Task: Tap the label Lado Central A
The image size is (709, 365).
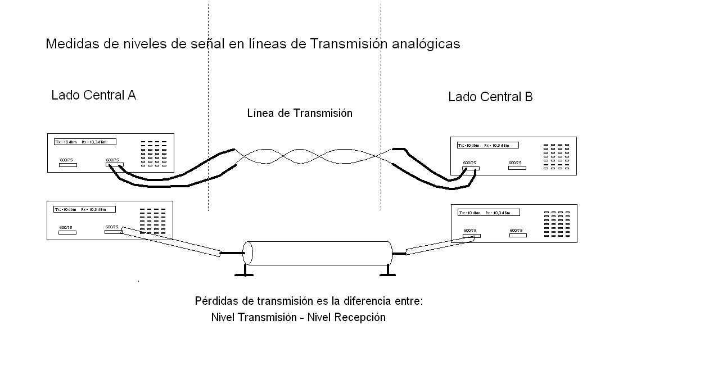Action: click(93, 95)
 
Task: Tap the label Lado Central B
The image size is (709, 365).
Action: click(490, 97)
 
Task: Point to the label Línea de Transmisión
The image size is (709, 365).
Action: click(300, 113)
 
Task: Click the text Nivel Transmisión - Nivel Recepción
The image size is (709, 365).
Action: click(298, 317)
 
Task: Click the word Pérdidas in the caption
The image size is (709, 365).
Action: click(216, 301)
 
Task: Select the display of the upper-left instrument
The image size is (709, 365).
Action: click(84, 142)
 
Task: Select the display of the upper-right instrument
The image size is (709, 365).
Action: click(487, 145)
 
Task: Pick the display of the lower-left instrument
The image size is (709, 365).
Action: click(84, 209)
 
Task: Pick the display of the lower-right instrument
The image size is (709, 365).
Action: click(489, 213)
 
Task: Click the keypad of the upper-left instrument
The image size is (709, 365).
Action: click(153, 154)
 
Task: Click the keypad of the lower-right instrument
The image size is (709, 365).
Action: click(557, 224)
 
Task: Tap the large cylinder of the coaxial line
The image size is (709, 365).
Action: click(318, 253)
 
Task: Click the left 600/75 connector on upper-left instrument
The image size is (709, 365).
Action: click(68, 165)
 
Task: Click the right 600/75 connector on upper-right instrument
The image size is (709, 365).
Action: click(517, 168)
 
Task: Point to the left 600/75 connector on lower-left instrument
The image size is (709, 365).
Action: click(68, 232)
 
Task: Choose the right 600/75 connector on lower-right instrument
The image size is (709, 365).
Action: click(518, 235)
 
